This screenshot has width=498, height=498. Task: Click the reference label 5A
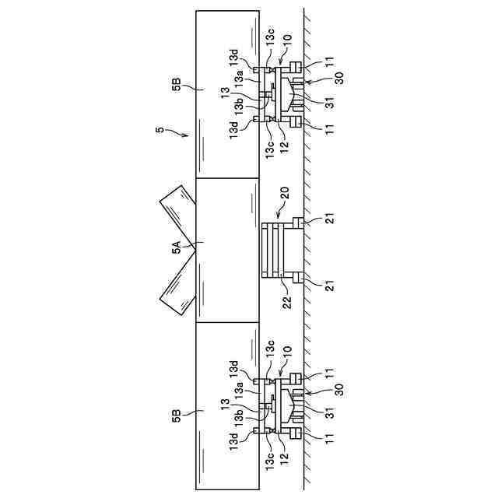(177, 248)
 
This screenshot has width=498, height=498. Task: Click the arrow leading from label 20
(280, 213)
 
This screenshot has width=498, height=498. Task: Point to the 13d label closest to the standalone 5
(234, 130)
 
